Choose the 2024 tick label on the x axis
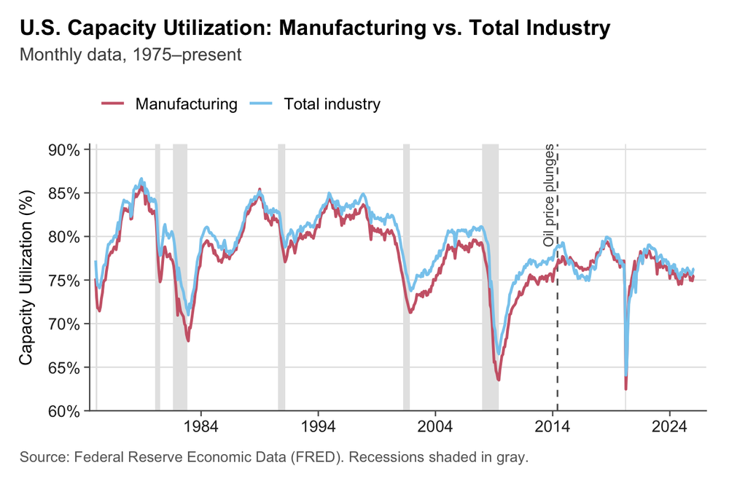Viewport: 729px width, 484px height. coord(670,425)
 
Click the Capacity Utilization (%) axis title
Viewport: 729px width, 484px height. coord(26,278)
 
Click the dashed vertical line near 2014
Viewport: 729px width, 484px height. coord(558,328)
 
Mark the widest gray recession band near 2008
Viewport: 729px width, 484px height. coord(490,277)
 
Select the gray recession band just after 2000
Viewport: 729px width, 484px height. coord(406,277)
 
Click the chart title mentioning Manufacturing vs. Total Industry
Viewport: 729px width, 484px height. coord(314,28)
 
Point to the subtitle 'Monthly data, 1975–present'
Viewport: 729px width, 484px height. coord(130,55)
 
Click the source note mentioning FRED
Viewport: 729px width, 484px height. coord(273,458)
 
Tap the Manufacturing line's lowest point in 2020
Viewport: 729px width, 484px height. coord(626,389)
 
